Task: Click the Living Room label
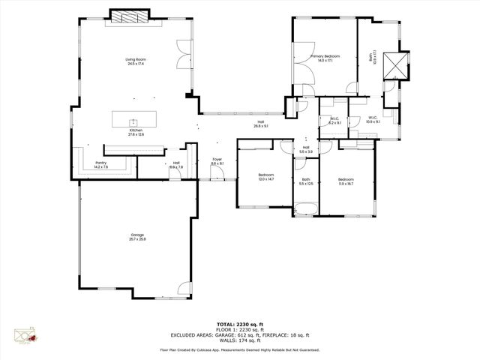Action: (x=135, y=58)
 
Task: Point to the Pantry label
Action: (x=100, y=163)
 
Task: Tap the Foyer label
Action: (x=217, y=159)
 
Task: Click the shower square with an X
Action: (x=395, y=65)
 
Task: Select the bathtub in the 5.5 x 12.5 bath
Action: (x=306, y=211)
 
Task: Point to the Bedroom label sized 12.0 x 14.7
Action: (x=266, y=175)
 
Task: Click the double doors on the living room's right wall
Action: (x=180, y=53)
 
